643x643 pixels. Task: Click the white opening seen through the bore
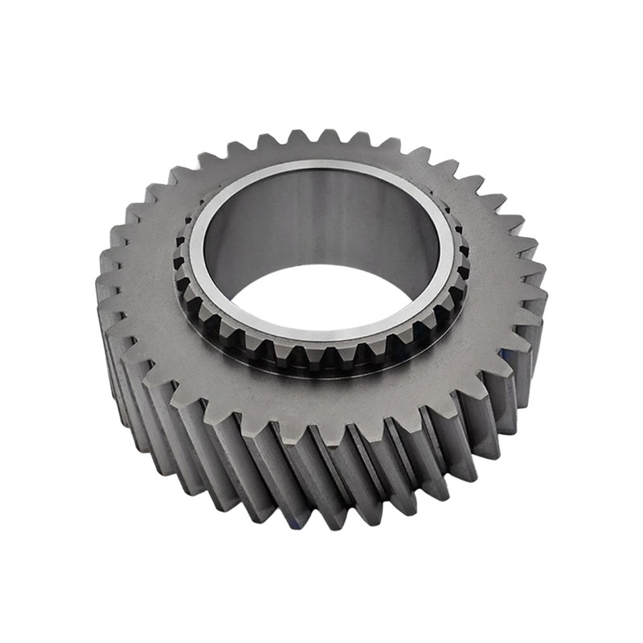click(321, 293)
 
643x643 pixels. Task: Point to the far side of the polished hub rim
click(321, 166)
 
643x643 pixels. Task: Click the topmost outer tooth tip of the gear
click(328, 135)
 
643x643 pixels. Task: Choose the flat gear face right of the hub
click(498, 273)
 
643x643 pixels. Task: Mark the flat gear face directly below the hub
click(321, 402)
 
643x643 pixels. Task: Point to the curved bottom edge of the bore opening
click(321, 317)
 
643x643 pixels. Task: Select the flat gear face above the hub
click(321, 153)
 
